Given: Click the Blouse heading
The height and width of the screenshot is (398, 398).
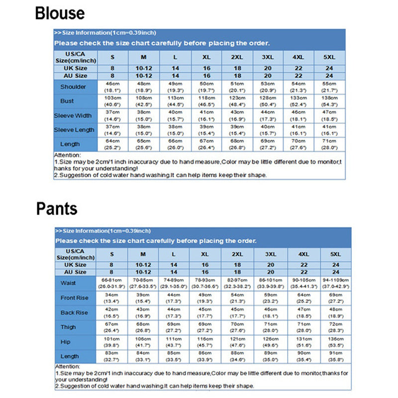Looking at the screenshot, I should click(60, 13).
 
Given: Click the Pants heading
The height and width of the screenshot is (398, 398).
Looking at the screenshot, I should click(57, 208).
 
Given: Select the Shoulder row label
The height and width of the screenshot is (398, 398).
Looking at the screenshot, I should click(73, 87).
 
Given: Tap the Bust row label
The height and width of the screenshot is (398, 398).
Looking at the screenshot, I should click(67, 101).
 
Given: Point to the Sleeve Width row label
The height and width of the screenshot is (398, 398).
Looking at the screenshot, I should click(73, 115).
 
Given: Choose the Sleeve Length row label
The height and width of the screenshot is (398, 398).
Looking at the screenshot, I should click(74, 130).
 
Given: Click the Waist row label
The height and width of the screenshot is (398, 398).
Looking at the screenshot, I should click(69, 283).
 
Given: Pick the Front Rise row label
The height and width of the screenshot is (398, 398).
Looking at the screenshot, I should click(74, 298).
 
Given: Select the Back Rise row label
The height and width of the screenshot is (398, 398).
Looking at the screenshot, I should click(74, 312).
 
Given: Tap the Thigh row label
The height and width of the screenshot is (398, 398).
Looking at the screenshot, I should click(69, 327).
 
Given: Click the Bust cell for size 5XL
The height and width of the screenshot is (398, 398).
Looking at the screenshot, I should click(329, 101).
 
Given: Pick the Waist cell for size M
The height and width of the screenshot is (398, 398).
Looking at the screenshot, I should click(143, 283).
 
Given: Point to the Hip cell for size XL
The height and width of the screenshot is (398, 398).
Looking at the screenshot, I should click(204, 342).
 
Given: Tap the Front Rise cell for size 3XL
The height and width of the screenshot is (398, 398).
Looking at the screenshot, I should click(271, 298).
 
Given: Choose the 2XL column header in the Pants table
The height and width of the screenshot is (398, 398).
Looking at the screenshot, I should click(237, 254).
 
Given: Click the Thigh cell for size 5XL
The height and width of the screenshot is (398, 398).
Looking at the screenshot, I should click(336, 327).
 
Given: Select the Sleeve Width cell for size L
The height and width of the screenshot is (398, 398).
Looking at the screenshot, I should click(174, 115).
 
